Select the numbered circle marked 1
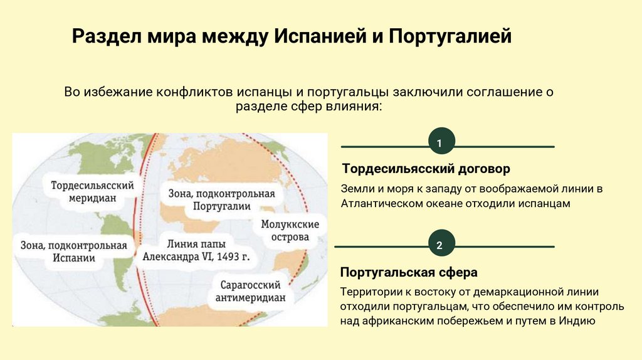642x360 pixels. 439,144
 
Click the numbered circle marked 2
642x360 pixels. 439,245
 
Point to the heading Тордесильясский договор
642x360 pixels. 426,169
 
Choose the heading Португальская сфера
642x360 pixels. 408,273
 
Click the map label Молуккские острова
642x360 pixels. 290,230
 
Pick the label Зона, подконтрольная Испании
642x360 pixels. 73,251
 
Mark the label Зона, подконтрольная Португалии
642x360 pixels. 221,199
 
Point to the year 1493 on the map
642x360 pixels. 229,257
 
